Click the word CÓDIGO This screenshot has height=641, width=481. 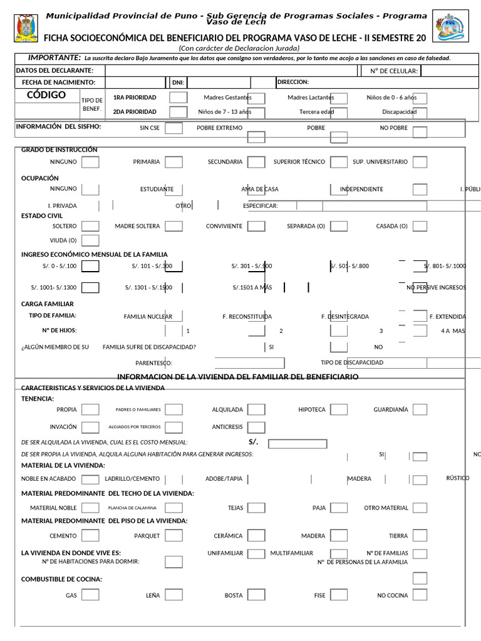[x=46, y=95]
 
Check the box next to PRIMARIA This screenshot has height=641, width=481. [x=173, y=162]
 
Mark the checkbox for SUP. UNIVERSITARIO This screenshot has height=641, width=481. [x=420, y=162]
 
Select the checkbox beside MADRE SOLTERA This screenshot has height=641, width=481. [x=173, y=226]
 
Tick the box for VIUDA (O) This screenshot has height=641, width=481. [x=90, y=240]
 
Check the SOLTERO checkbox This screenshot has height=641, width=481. [x=90, y=226]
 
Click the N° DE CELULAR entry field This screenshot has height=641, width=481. [x=450, y=71]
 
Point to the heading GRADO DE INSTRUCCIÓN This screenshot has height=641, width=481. [x=59, y=150]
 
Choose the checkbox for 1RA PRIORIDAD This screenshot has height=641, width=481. [x=178, y=98]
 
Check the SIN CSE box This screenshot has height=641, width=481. [x=173, y=128]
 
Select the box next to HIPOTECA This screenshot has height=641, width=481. [x=339, y=409]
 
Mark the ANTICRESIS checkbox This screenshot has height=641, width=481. [x=256, y=428]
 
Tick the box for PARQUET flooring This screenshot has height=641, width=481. [x=173, y=536]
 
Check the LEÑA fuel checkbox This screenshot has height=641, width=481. [x=173, y=595]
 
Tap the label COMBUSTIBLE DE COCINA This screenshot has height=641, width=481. [x=62, y=579]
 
